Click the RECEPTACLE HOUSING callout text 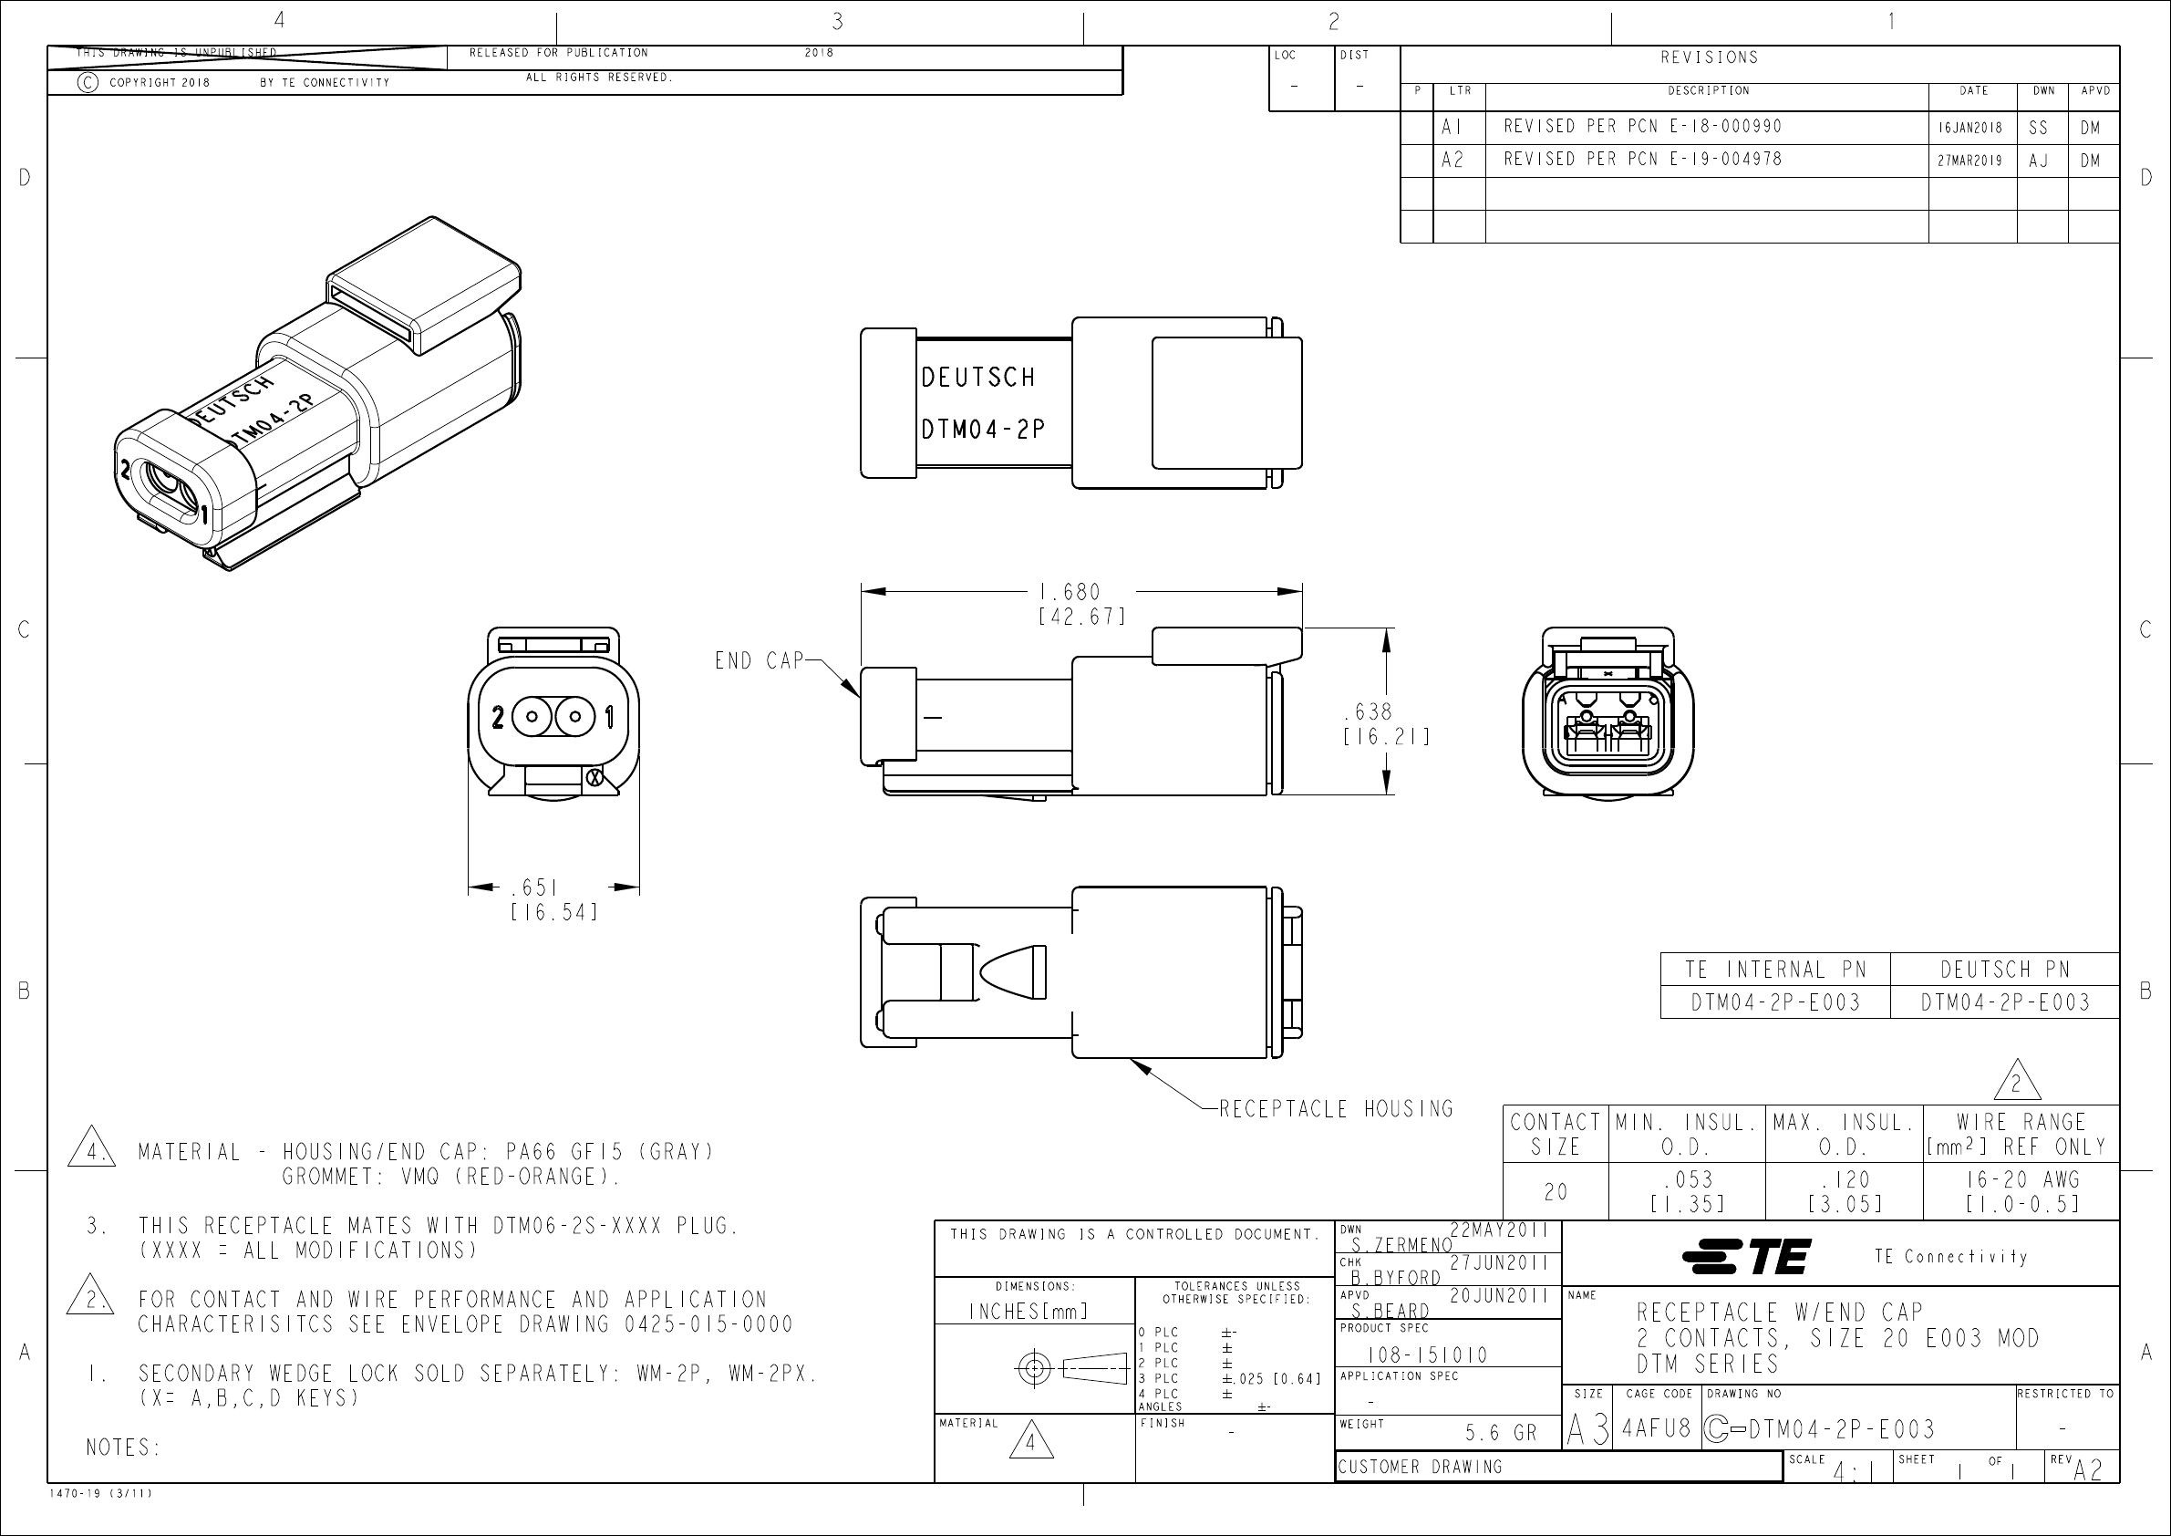(1336, 1108)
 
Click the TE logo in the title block (1746, 1256)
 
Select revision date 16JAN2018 (1970, 128)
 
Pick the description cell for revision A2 (1642, 160)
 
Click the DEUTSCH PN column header (2004, 970)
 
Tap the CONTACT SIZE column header (1556, 1134)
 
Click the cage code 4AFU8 (1657, 1428)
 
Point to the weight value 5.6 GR (1502, 1433)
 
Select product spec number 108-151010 (1427, 1355)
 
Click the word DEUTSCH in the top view (978, 378)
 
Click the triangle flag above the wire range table (2016, 1082)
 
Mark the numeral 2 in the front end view (497, 718)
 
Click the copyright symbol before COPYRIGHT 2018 (87, 82)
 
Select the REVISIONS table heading (1709, 57)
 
